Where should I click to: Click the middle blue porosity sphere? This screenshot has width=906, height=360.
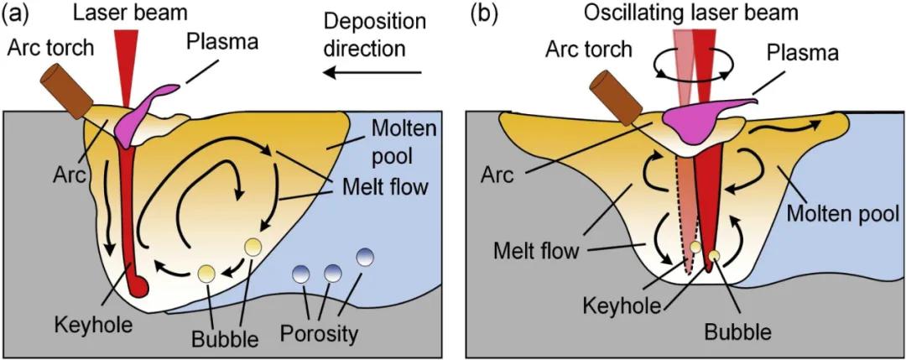(332, 272)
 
